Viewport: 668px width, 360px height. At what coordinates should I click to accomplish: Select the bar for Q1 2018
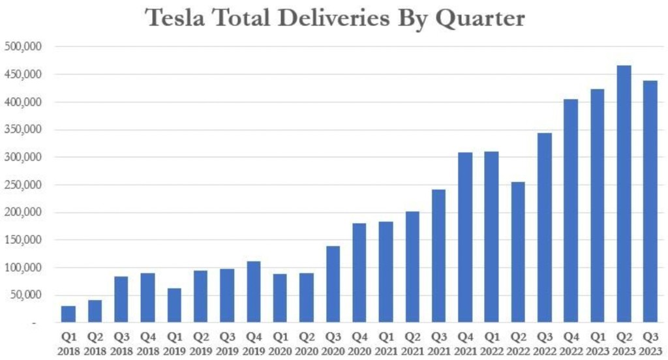click(x=68, y=314)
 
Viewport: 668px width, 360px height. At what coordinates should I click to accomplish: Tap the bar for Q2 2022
click(x=518, y=252)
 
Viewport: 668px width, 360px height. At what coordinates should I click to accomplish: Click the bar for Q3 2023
click(x=650, y=202)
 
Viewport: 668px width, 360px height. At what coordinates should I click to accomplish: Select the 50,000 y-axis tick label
click(x=27, y=295)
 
